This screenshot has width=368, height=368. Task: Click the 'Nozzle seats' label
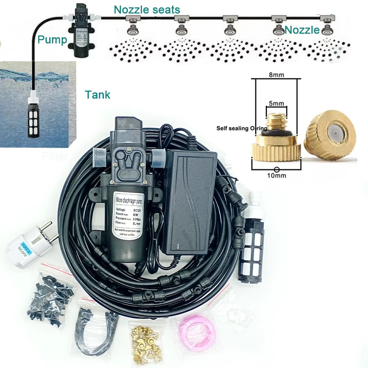tap(147, 9)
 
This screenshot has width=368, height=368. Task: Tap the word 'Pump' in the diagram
tap(52, 39)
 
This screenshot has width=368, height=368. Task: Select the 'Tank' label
tap(98, 95)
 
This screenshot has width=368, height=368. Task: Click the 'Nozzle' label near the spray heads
tap(302, 30)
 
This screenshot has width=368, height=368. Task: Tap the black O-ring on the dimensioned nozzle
tap(276, 133)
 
